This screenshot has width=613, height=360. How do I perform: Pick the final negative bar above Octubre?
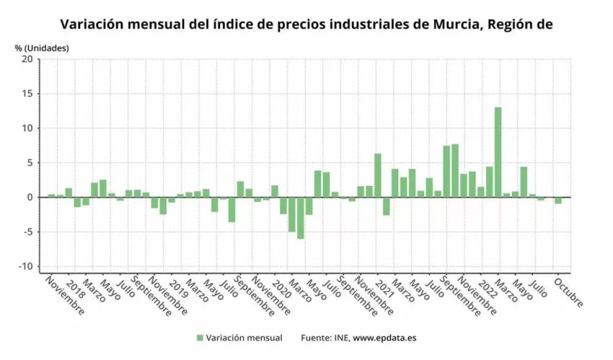[557, 200]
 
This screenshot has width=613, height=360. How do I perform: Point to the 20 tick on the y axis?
[27, 59]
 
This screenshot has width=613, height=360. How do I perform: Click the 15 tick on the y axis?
[27, 94]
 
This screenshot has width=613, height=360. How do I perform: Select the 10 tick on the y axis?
[27, 128]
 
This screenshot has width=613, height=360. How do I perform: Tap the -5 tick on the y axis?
[27, 232]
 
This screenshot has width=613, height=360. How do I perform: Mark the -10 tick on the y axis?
[25, 266]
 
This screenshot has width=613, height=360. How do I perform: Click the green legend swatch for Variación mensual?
[199, 338]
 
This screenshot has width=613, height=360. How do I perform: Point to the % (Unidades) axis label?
[42, 48]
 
